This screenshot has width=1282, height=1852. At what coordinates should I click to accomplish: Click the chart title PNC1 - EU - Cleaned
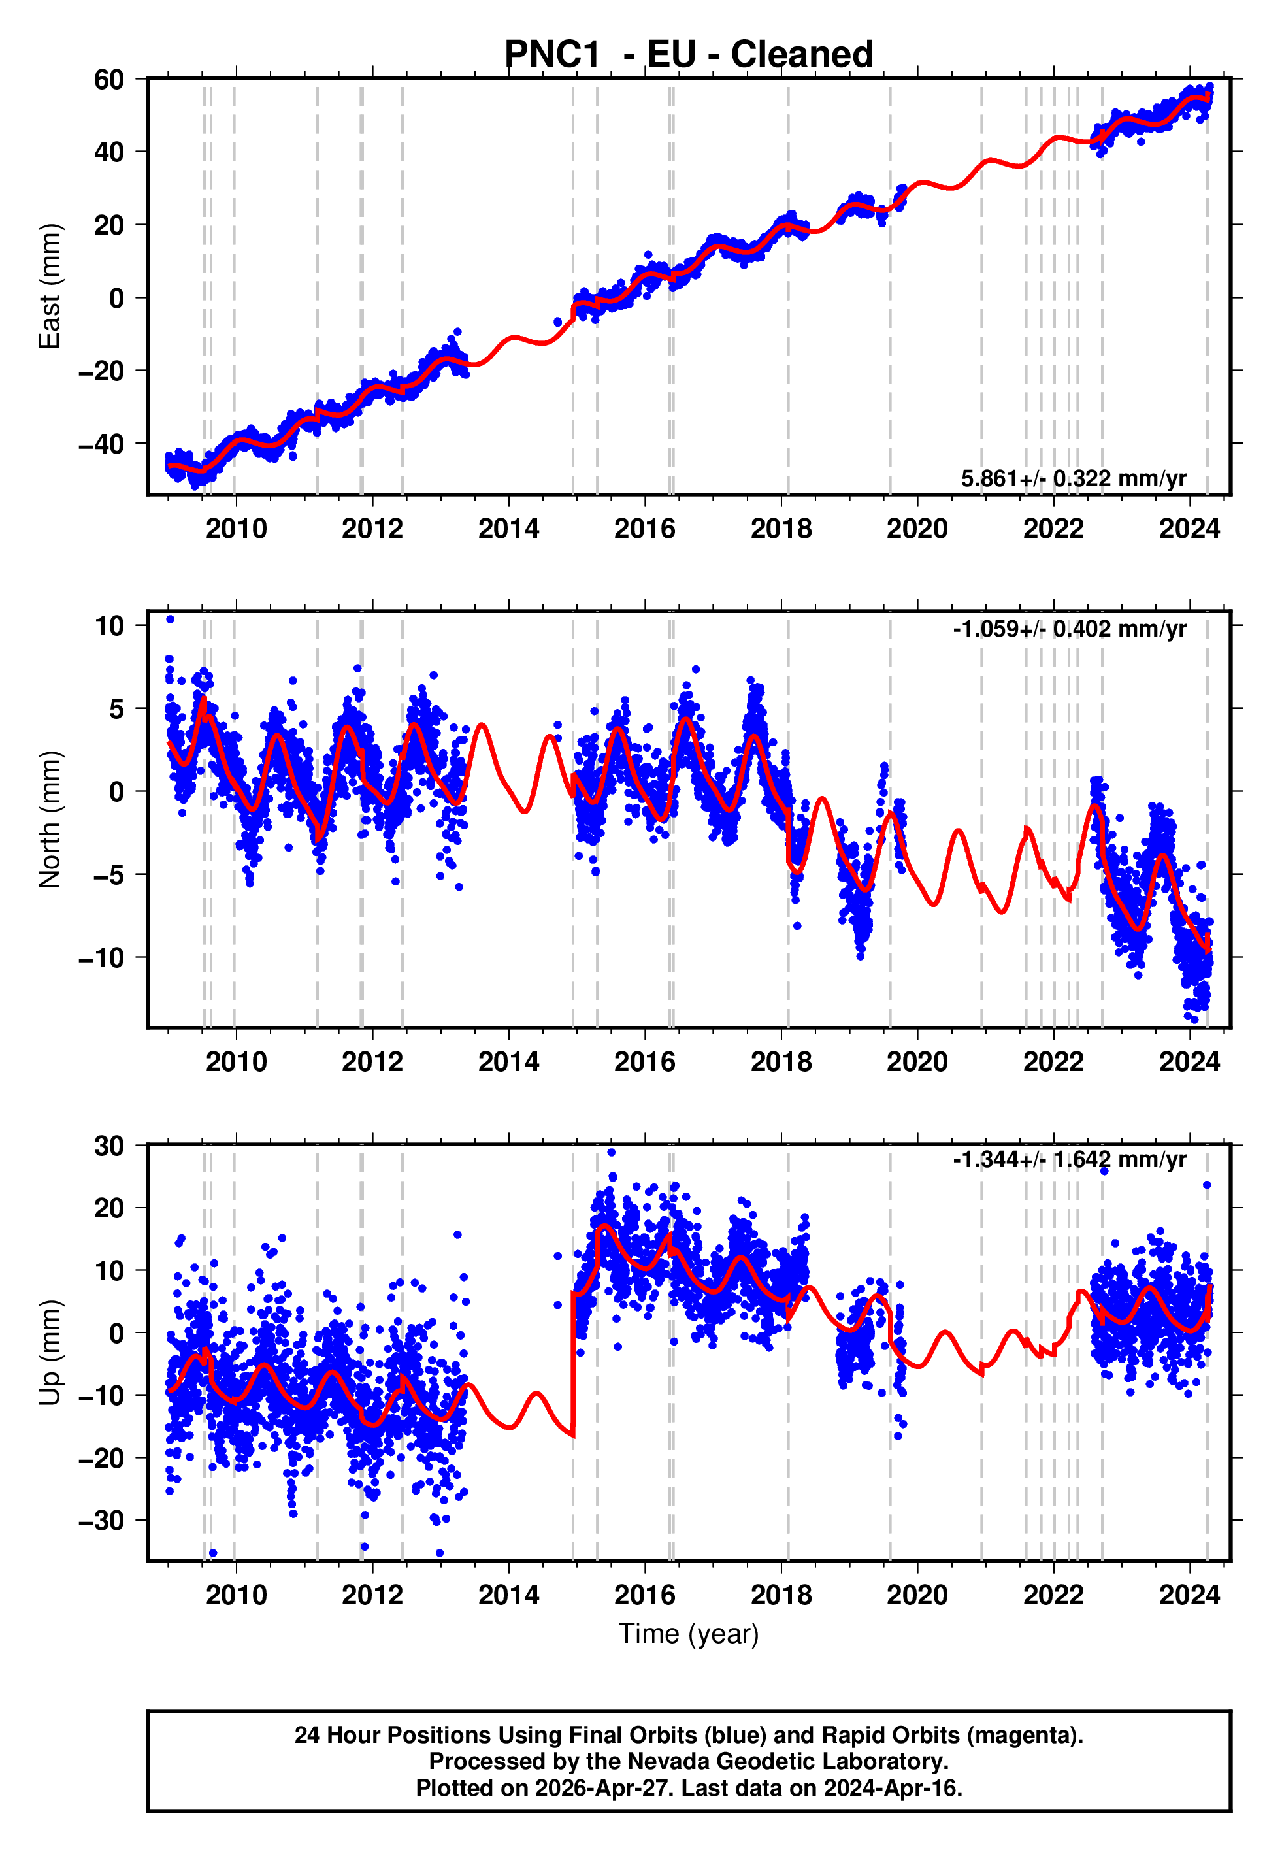coord(689,55)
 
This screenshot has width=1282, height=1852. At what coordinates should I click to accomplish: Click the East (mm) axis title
coord(50,287)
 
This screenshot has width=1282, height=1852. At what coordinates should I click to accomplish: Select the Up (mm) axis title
coord(50,1353)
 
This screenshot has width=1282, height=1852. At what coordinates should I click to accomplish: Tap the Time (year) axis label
coord(689,1634)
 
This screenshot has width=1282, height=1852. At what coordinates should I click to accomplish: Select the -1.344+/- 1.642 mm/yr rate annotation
coord(1069,1160)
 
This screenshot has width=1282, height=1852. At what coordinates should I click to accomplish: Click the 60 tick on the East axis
coord(109,80)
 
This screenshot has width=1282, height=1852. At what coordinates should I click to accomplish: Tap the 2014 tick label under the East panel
coord(508,529)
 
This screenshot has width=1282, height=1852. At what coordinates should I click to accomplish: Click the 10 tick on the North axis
coord(109,625)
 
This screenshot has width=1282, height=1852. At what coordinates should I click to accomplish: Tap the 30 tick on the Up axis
coord(109,1146)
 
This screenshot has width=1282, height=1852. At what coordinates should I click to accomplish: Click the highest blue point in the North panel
coord(171,620)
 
